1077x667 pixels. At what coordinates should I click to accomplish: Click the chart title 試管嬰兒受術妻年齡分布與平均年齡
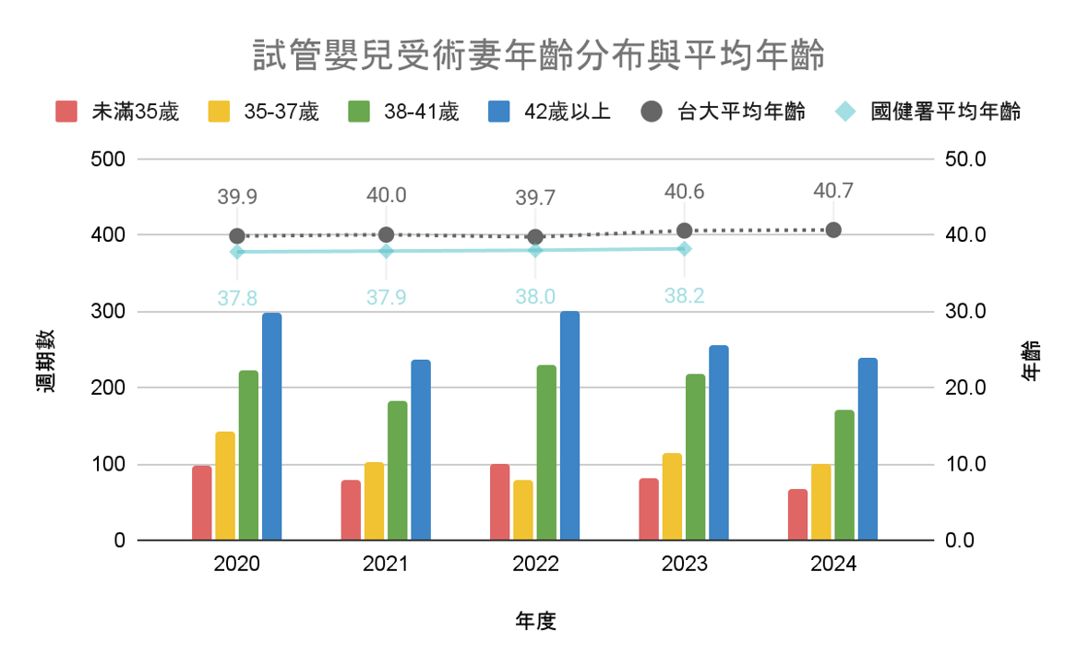[538, 55]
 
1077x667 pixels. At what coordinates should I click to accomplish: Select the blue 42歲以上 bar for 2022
[569, 425]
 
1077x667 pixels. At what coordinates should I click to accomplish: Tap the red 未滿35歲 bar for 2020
[202, 503]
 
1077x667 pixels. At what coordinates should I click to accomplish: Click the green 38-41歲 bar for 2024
[844, 475]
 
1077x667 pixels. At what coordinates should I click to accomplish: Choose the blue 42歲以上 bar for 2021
[421, 449]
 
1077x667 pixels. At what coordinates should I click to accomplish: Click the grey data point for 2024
[833, 230]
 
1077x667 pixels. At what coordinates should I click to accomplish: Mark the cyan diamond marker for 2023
[684, 248]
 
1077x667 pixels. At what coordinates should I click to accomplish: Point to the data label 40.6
[684, 192]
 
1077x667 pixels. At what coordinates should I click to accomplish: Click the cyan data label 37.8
[237, 297]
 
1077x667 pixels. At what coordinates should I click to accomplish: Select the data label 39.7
[535, 197]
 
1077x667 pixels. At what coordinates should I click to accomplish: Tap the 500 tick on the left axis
[107, 159]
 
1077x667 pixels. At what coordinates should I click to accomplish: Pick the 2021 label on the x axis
[386, 565]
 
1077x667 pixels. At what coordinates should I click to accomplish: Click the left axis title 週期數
[46, 362]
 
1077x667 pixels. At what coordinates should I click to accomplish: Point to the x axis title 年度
[535, 621]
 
